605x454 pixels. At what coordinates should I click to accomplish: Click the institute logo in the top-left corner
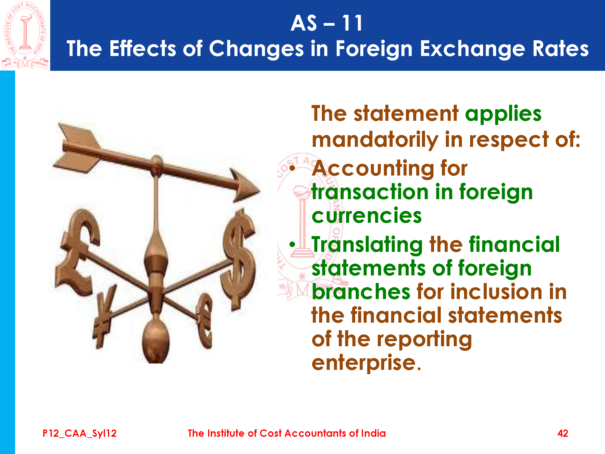click(x=25, y=35)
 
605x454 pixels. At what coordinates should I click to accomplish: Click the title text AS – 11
click(x=327, y=23)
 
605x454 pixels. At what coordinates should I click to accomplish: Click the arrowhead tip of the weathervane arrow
click(x=260, y=191)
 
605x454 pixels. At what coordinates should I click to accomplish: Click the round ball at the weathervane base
click(x=156, y=342)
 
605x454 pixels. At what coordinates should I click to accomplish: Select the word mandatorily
click(x=375, y=140)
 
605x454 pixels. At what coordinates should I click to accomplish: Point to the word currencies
click(x=367, y=215)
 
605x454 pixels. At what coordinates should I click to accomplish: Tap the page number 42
click(x=563, y=433)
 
